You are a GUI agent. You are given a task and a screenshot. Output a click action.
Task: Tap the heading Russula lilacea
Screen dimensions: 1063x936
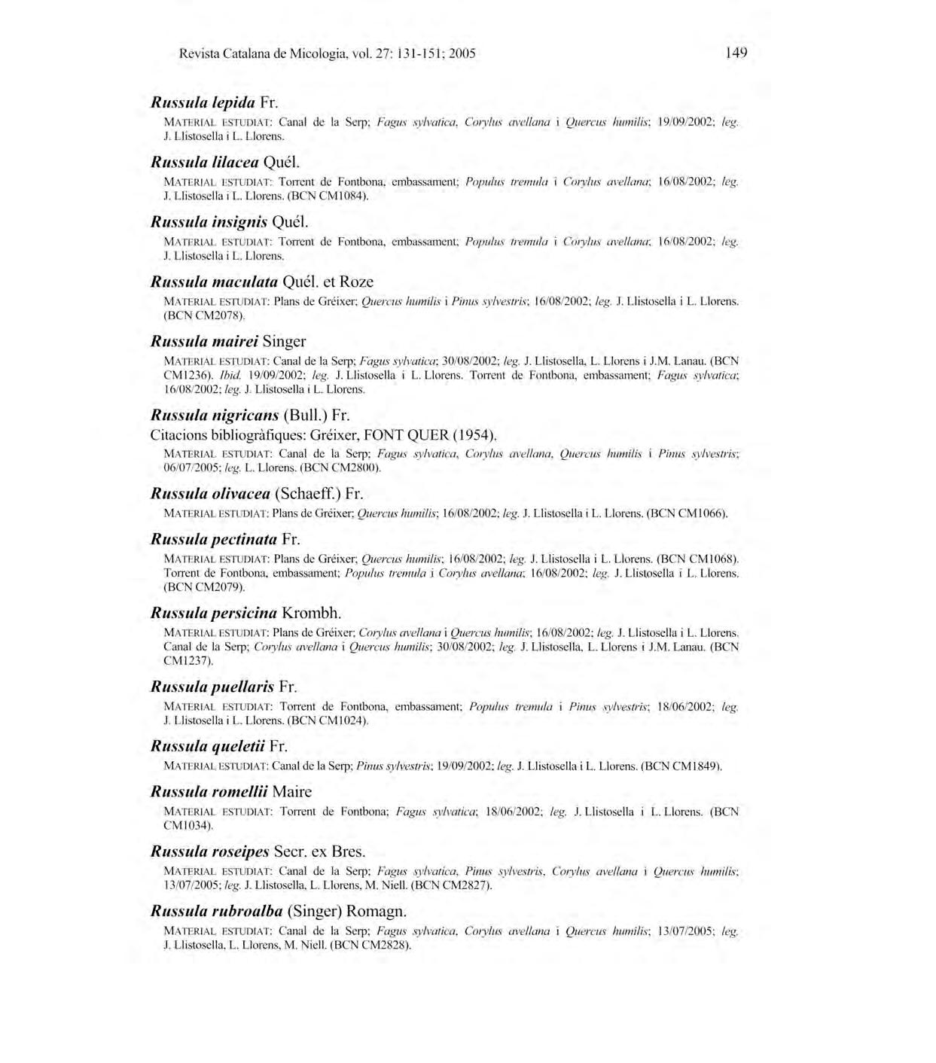226,161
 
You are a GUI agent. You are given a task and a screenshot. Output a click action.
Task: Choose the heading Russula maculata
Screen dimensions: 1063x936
262,282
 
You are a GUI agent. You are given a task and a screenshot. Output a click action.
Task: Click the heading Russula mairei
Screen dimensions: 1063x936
228,341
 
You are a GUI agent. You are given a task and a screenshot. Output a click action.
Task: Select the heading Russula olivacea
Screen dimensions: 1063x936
257,494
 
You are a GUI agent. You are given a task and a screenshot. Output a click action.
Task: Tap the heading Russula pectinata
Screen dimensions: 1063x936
225,539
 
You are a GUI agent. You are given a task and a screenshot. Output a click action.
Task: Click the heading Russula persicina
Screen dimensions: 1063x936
245,613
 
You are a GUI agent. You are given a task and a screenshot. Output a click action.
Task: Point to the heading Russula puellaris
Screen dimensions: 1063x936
224,687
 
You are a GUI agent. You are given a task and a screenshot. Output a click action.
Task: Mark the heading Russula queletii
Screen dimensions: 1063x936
219,746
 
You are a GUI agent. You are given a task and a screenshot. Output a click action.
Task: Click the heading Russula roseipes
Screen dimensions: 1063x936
258,851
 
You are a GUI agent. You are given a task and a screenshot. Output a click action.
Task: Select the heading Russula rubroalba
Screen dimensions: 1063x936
279,911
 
